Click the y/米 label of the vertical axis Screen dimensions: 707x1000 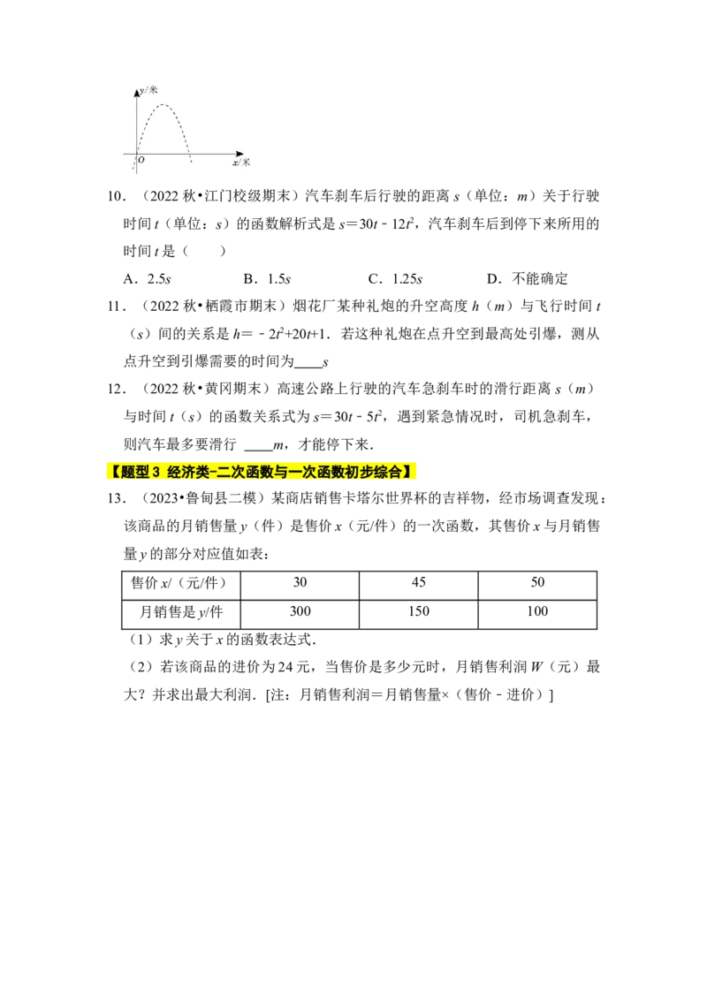tap(148, 90)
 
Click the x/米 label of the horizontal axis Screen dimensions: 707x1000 tap(241, 163)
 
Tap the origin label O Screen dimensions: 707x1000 tap(141, 160)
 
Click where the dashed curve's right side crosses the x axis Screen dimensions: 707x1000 tap(189, 154)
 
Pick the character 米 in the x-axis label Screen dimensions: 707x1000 tap(246, 163)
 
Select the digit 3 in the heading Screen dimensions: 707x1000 tap(156, 473)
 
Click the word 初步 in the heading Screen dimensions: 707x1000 tap(361, 473)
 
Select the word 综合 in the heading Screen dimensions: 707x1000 tap(389, 473)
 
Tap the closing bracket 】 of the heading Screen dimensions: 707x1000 tap(409, 473)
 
